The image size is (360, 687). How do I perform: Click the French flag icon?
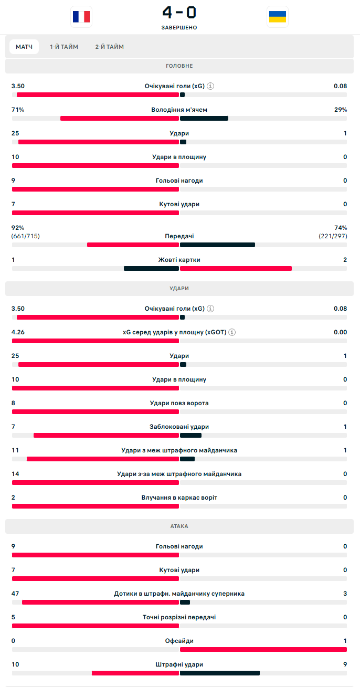(81, 17)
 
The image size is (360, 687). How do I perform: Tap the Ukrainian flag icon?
(278, 17)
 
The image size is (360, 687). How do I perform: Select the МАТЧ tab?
(24, 47)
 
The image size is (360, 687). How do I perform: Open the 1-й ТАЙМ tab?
(64, 47)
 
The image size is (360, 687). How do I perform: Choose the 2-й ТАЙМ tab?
(110, 47)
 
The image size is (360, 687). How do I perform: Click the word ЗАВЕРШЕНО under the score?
(179, 27)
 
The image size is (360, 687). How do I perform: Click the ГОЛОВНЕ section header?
(179, 66)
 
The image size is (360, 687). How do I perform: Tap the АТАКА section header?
(179, 526)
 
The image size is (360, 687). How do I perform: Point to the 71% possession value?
(18, 110)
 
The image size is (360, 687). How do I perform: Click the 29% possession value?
(341, 110)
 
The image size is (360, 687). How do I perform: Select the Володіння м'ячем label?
(179, 110)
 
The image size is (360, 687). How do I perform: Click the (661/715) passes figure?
(26, 236)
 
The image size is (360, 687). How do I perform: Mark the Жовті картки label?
(179, 260)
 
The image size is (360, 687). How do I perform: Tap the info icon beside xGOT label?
(232, 332)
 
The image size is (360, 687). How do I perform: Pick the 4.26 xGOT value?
(18, 332)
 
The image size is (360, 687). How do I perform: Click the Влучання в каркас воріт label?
(179, 498)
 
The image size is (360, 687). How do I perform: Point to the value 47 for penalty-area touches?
(15, 594)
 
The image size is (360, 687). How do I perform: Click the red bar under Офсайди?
(263, 649)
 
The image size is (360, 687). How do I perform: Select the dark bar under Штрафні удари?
(220, 673)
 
